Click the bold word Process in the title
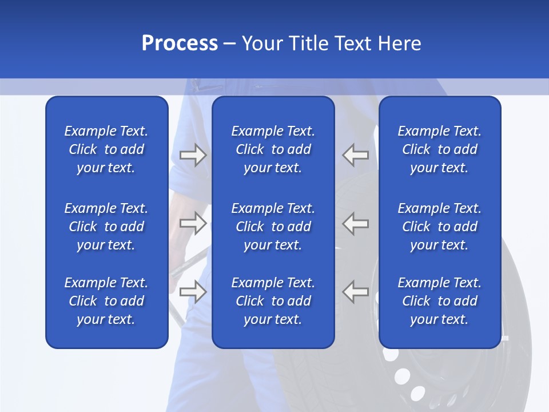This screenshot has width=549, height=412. pos(180,43)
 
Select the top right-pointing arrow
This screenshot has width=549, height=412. pos(193,154)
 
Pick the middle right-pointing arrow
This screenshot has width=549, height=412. pos(193,223)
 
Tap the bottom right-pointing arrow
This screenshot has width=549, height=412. pos(193,291)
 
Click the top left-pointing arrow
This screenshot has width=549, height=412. pos(356,154)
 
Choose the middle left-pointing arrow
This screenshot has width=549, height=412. pos(356,223)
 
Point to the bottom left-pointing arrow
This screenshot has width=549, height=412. pos(356,291)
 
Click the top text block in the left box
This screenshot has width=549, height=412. pos(106,149)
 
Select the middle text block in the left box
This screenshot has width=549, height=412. pos(106,227)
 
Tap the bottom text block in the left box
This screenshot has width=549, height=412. pos(106,301)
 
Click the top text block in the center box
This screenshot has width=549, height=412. pos(273,149)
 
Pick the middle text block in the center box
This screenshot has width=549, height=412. pos(273,227)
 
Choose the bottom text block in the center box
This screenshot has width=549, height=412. pos(273,301)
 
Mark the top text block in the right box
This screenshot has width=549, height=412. pos(439,149)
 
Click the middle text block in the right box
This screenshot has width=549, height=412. pos(439,227)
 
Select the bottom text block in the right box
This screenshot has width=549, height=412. pos(439,301)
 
